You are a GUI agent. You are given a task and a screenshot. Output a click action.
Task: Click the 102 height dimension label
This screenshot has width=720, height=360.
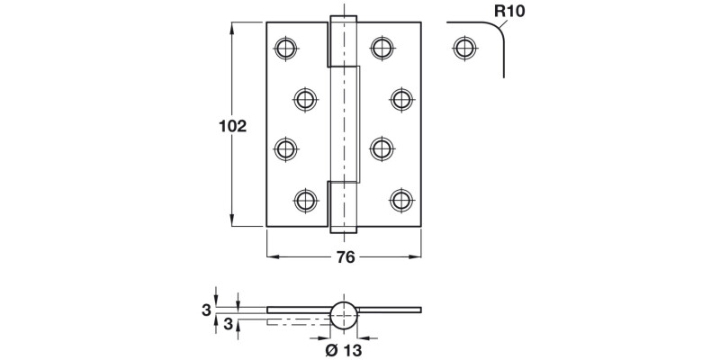click(232, 126)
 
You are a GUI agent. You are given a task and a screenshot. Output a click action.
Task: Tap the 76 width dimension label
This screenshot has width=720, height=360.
click(345, 256)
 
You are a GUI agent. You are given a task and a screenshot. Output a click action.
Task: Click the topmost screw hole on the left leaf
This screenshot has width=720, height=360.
click(286, 47)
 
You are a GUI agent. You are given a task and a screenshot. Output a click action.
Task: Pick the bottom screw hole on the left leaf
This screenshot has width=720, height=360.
click(306, 198)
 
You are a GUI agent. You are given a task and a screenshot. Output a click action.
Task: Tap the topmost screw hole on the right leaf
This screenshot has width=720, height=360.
click(382, 47)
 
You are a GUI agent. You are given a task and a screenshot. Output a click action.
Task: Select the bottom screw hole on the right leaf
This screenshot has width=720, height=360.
click(401, 198)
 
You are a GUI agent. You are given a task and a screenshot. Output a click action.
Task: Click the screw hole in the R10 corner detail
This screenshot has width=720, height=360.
click(463, 47)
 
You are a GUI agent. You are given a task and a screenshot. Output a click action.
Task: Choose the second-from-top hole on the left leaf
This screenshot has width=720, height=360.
click(306, 97)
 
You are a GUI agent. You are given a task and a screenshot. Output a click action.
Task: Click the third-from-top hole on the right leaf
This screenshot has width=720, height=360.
click(382, 148)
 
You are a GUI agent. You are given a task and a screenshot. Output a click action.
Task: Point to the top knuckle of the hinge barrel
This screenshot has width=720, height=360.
click(344, 41)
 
